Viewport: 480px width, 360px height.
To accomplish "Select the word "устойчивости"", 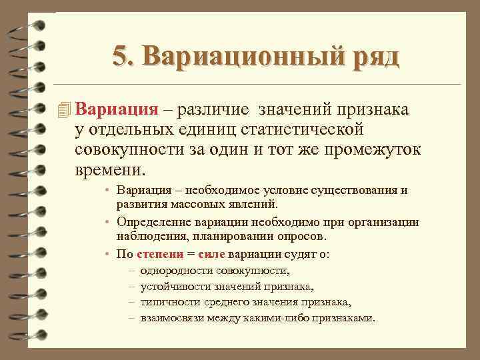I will tap(173, 287).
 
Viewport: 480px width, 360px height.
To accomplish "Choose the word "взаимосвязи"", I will tap(170, 317).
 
